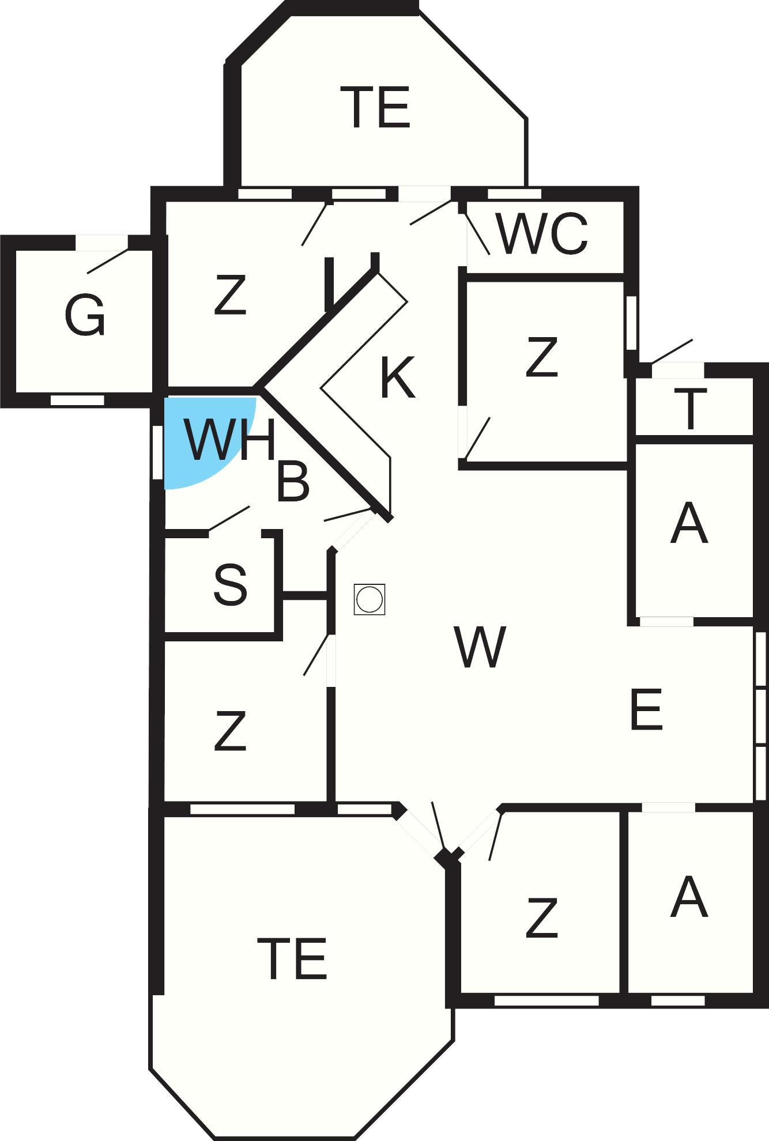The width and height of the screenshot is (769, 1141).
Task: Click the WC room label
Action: pos(541,234)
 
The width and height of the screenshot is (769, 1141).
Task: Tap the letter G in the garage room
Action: pos(85,315)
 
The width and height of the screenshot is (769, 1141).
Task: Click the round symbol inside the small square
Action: pos(370,599)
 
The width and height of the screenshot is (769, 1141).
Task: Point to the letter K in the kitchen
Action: pos(398,377)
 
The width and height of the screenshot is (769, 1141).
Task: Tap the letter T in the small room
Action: pos(690,409)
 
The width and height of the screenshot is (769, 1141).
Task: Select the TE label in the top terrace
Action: pos(379,107)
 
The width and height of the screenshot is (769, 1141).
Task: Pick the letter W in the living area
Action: pos(480,647)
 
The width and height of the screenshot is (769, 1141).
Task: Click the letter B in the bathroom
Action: pos(293,481)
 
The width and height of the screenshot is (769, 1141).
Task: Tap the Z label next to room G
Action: pos(230,295)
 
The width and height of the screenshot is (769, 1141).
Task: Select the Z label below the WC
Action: pos(542,357)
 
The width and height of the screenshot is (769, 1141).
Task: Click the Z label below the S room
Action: pos(230,731)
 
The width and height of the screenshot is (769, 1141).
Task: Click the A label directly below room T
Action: pos(689,523)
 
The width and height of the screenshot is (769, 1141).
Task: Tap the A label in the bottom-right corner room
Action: pos(689,897)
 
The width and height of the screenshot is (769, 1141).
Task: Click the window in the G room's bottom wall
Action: pos(77,400)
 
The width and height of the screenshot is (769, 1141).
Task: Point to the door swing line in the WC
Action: pos(477,233)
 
